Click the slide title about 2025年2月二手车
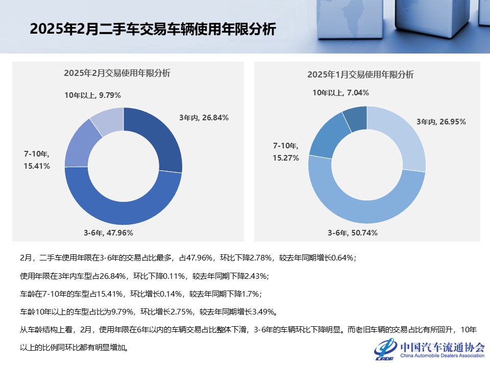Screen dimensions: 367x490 click(x=153, y=29)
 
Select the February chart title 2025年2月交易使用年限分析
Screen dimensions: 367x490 click(x=117, y=73)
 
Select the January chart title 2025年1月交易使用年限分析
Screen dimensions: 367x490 click(x=360, y=74)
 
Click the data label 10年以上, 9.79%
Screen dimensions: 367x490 click(x=92, y=95)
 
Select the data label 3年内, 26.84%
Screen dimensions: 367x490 click(x=204, y=118)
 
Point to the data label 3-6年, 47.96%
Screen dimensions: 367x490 click(x=108, y=233)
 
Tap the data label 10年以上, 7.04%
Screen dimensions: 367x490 click(x=340, y=93)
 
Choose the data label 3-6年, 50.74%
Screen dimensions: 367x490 click(x=352, y=233)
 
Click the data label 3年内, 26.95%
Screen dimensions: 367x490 click(x=441, y=122)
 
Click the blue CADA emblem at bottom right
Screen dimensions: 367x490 click(x=385, y=349)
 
